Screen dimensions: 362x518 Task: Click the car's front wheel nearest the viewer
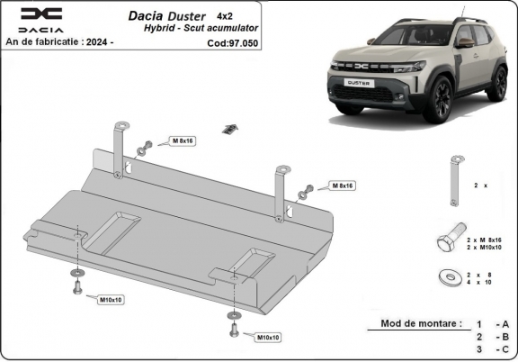(x=440, y=98)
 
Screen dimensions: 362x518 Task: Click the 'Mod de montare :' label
(x=420, y=322)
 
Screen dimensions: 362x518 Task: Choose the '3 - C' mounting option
(x=493, y=348)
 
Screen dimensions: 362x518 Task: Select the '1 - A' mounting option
(x=493, y=323)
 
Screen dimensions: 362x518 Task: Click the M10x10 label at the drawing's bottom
(x=268, y=337)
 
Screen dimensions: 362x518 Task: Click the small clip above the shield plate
(x=231, y=127)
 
